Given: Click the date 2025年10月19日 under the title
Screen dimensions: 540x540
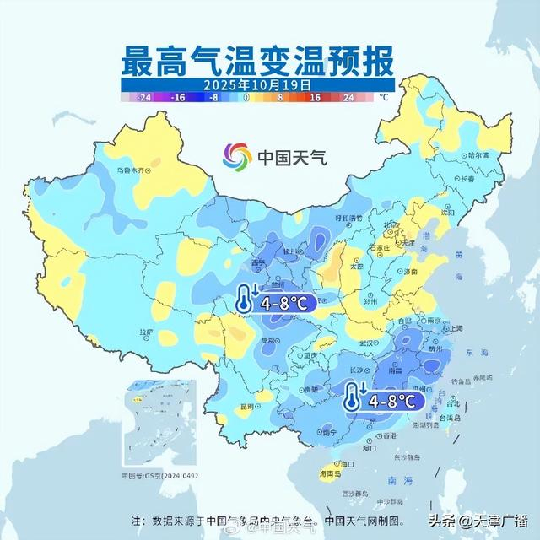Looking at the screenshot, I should pyautogui.click(x=256, y=85).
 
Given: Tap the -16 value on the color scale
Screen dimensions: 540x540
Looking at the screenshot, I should pyautogui.click(x=179, y=98).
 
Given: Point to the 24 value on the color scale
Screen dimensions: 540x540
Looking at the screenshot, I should pyautogui.click(x=348, y=98).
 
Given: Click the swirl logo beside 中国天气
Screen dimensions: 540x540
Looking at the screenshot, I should pyautogui.click(x=237, y=156).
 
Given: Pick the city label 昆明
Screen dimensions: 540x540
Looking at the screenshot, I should pyautogui.click(x=246, y=406).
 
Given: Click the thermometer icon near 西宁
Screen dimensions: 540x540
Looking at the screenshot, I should pyautogui.click(x=246, y=298).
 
